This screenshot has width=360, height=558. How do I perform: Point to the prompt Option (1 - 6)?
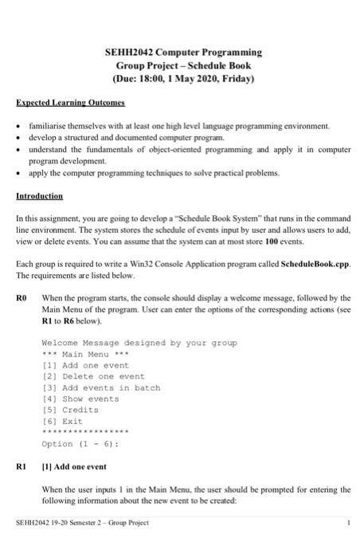coord(80,444)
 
